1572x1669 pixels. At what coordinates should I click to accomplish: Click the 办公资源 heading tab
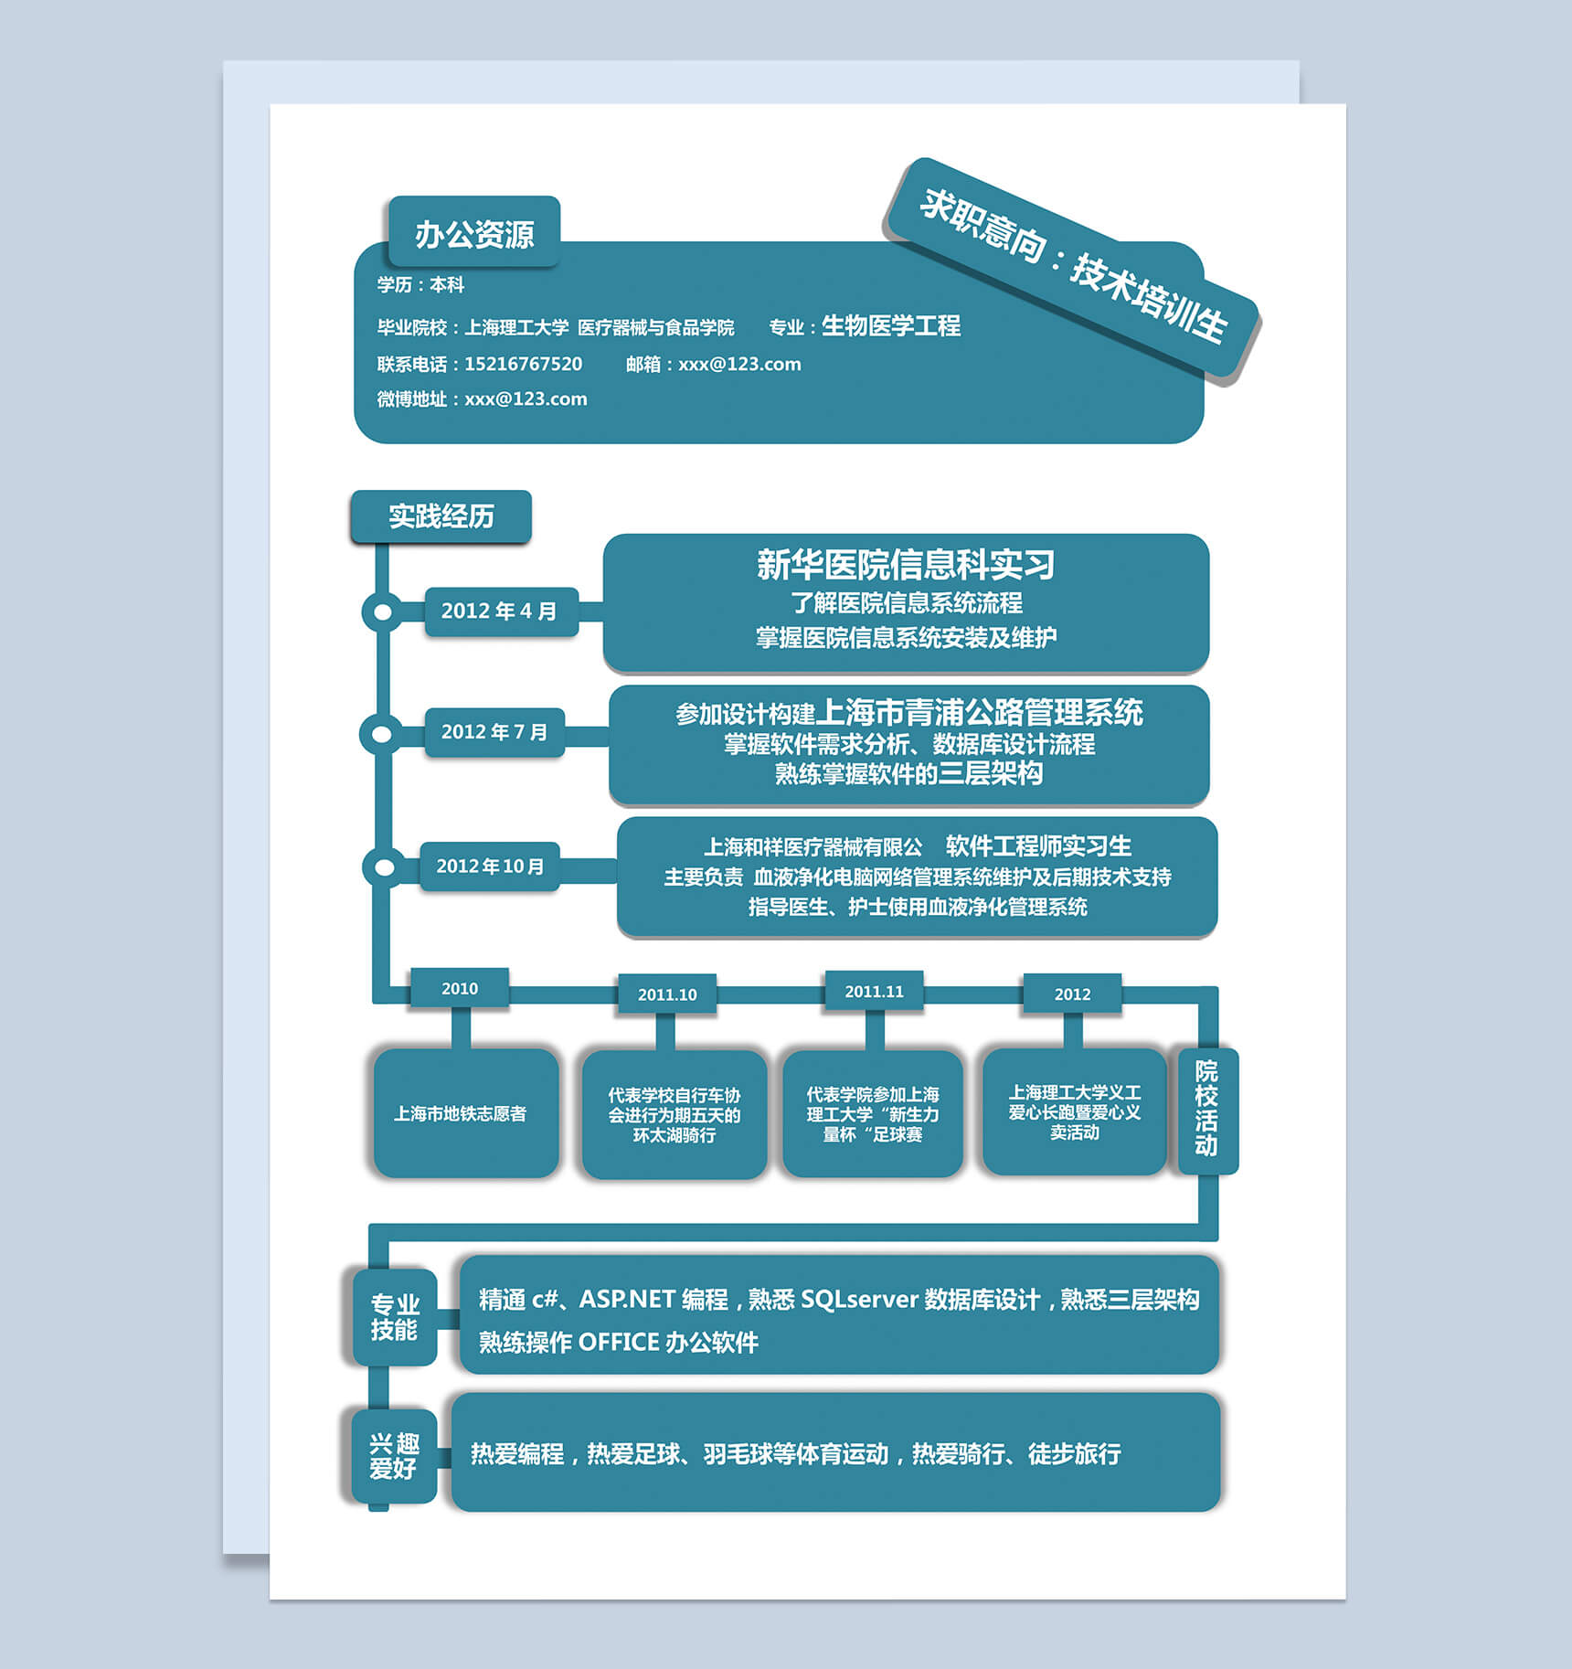tap(474, 232)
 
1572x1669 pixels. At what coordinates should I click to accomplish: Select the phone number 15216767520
tap(523, 364)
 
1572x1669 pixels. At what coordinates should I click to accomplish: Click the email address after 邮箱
tap(739, 364)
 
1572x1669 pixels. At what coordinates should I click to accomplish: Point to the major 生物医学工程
tap(891, 325)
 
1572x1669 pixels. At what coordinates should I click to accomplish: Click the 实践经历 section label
tap(441, 516)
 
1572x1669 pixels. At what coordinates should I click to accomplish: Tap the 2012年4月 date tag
tap(501, 611)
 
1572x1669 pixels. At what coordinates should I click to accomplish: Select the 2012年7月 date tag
tap(494, 732)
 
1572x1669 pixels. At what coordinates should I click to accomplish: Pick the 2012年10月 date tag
tap(490, 866)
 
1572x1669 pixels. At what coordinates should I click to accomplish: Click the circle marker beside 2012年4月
tap(383, 611)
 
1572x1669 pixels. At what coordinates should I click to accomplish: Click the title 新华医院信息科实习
tap(906, 565)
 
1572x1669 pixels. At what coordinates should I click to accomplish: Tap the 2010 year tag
tap(460, 988)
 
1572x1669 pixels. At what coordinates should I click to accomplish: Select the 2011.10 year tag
tap(667, 994)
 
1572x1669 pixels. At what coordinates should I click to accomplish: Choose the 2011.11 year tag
tap(874, 992)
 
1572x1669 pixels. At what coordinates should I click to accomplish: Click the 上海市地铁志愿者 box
tap(465, 1112)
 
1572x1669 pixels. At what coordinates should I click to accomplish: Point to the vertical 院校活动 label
tap(1207, 1109)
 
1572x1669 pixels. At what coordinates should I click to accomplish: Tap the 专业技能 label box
tap(395, 1317)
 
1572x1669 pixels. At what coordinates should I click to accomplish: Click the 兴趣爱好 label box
tap(394, 1456)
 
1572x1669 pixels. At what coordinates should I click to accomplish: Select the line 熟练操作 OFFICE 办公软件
tap(619, 1342)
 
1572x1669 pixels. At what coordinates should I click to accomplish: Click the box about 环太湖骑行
tap(674, 1114)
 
